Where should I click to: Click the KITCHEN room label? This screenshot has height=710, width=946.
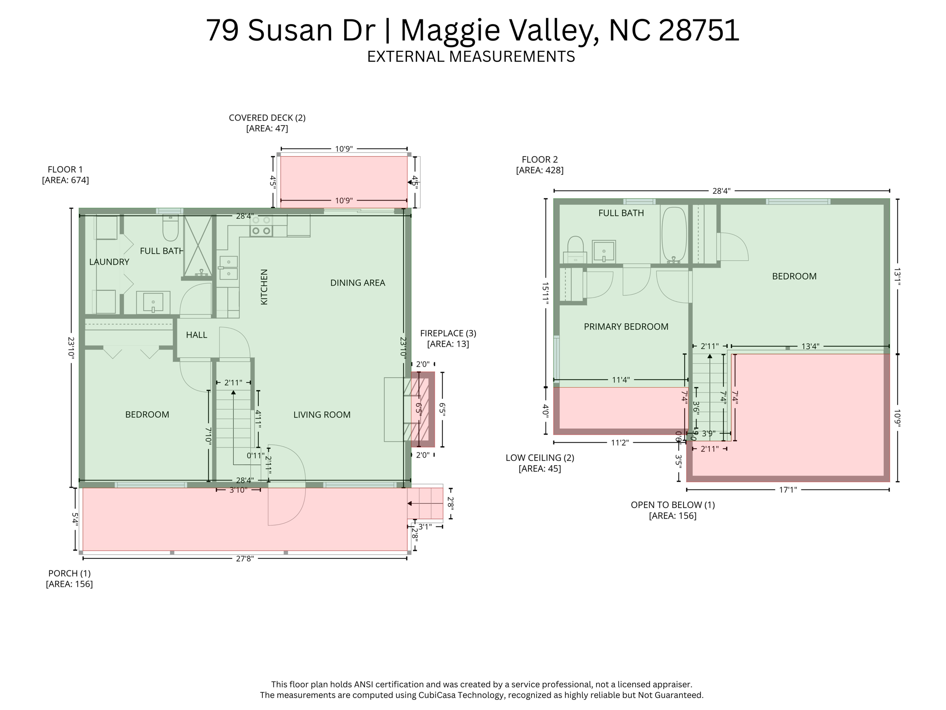(264, 287)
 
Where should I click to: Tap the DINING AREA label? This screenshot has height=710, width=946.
(358, 283)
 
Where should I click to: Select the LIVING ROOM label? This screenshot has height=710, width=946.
(322, 415)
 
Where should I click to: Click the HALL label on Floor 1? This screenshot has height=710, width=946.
(196, 335)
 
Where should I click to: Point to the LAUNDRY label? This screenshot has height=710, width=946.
(109, 262)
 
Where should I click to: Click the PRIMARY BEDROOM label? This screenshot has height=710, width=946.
(626, 327)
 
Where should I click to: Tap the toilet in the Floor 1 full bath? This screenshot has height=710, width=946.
(170, 229)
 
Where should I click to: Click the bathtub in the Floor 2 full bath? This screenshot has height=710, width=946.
(674, 235)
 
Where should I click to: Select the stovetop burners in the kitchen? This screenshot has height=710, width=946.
(261, 226)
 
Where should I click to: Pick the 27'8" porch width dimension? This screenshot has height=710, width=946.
(245, 558)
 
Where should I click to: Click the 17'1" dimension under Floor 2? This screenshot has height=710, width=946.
(788, 490)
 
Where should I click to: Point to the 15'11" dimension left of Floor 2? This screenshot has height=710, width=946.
(546, 293)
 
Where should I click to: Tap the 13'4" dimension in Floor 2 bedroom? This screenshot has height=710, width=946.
(810, 346)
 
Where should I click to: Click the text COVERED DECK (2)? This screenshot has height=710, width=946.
(267, 118)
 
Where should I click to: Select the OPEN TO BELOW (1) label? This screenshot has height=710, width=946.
(673, 505)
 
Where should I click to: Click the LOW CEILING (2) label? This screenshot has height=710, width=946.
(540, 458)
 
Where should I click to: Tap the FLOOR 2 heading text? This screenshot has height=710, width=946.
(540, 160)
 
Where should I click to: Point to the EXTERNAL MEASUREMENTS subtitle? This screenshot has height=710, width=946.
(471, 56)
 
